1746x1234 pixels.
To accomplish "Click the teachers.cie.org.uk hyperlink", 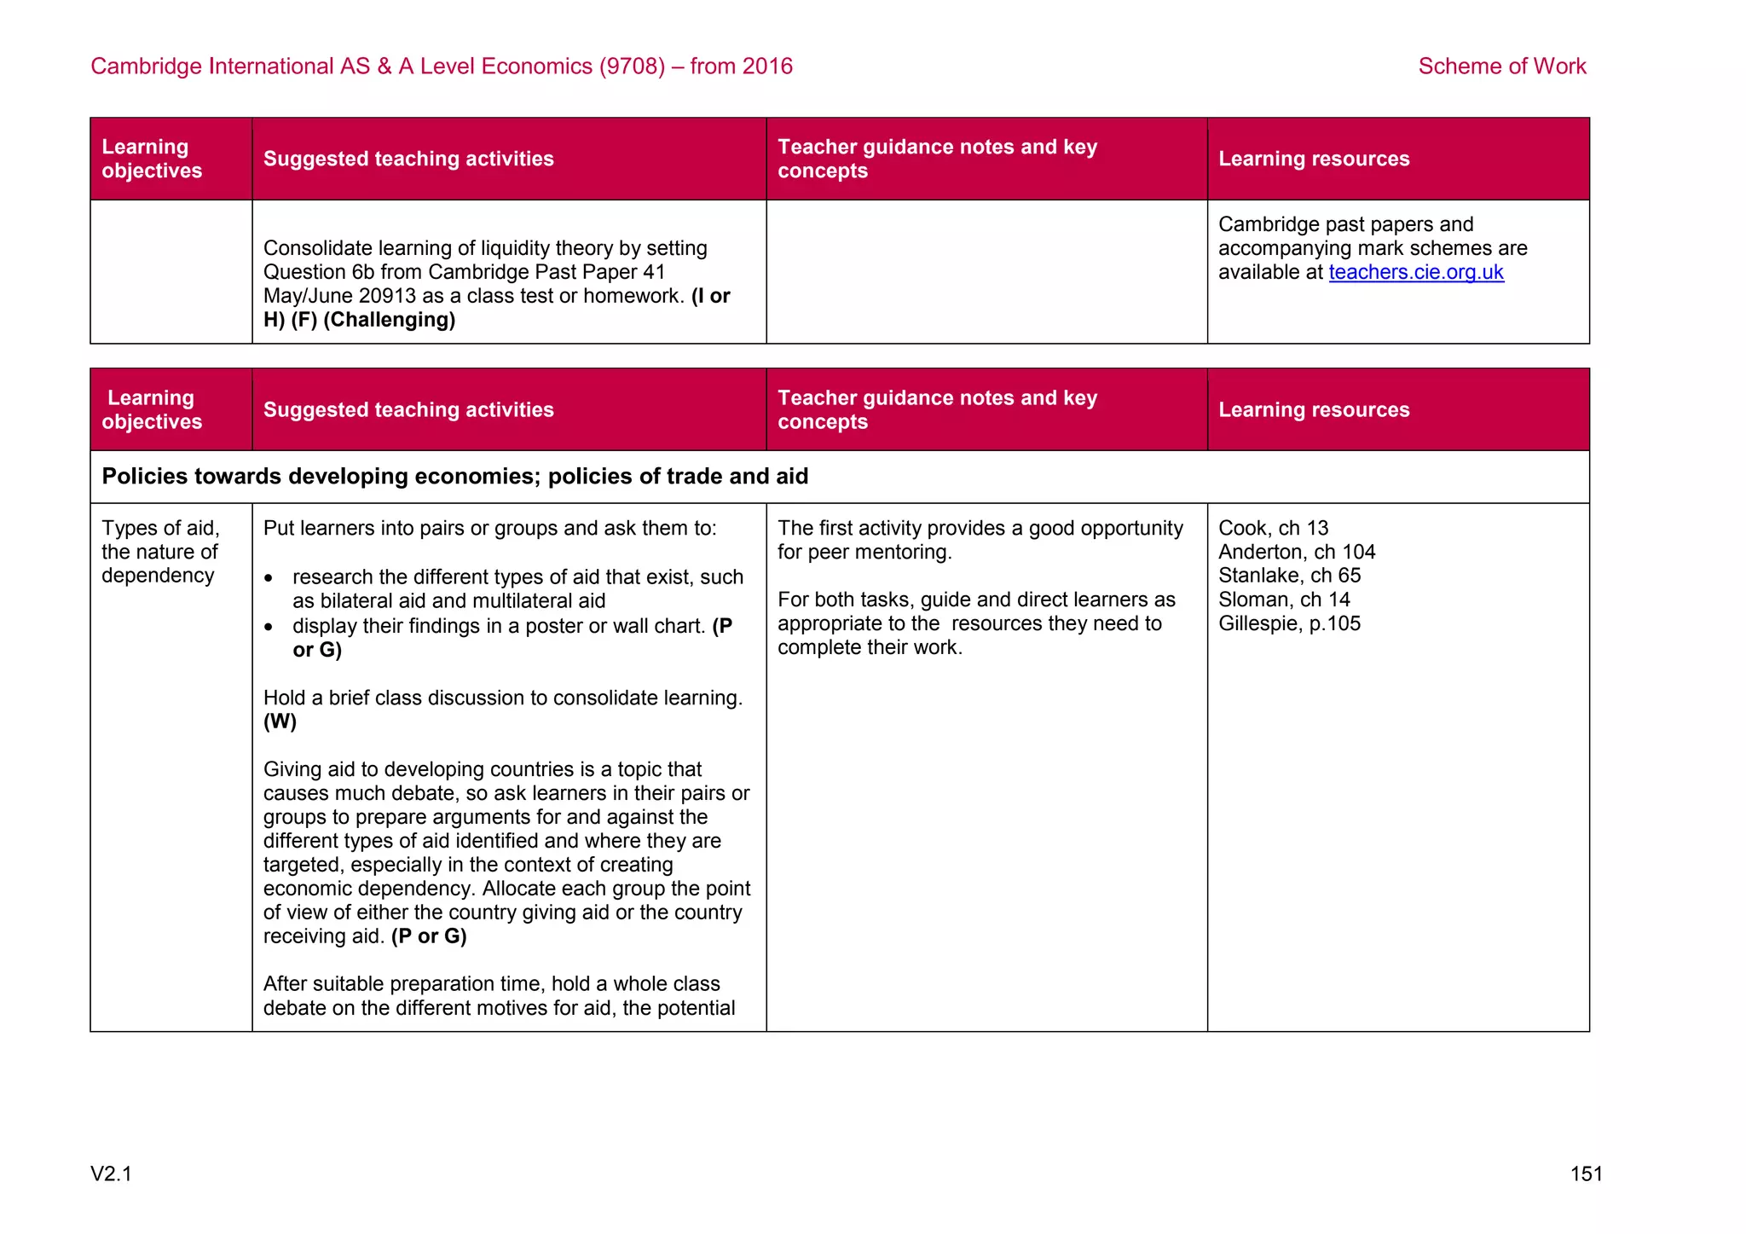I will click(x=1415, y=272).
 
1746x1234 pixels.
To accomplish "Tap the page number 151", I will click(x=1586, y=1174).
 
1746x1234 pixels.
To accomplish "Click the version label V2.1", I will click(x=111, y=1174).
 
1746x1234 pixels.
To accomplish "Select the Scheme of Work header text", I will click(x=1501, y=67).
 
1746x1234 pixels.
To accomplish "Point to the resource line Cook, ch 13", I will click(x=1273, y=528).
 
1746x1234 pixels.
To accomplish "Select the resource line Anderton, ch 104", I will click(x=1296, y=552).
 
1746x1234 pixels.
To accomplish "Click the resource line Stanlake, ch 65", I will click(x=1289, y=576).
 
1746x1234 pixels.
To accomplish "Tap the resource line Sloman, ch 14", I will click(x=1284, y=600).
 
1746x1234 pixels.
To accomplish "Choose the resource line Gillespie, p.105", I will click(x=1289, y=623).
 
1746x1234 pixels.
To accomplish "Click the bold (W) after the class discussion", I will click(x=280, y=721).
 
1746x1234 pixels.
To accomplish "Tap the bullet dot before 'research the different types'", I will click(x=269, y=579).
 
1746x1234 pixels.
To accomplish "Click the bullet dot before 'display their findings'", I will click(x=269, y=628).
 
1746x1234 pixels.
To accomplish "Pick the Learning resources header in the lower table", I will click(x=1313, y=409).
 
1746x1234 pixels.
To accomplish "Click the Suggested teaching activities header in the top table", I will click(x=408, y=159).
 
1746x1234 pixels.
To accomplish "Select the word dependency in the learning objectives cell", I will click(x=158, y=576).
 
